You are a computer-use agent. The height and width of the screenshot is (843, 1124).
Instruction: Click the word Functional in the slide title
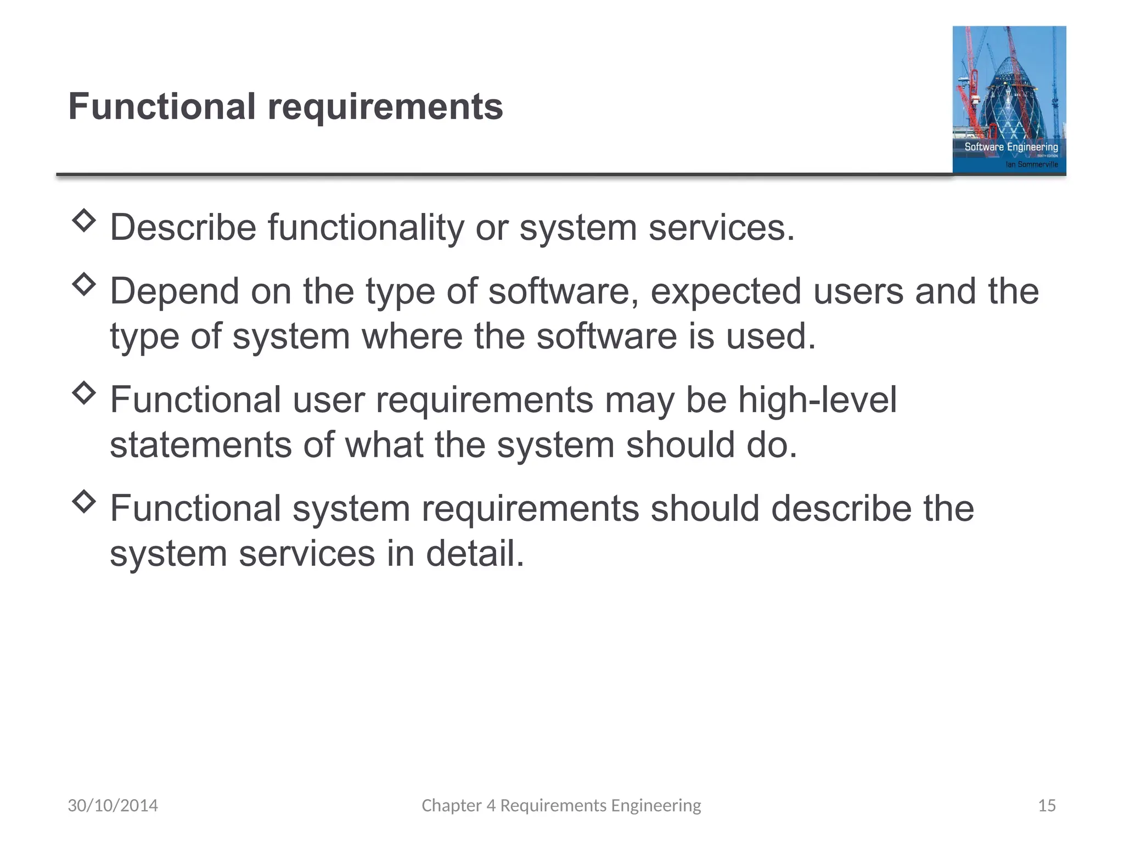click(x=162, y=106)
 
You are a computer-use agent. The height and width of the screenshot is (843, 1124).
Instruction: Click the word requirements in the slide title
click(x=385, y=108)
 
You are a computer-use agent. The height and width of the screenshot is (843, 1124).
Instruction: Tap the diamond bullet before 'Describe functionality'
click(x=84, y=221)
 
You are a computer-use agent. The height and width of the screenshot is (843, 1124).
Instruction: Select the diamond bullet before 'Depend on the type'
click(x=84, y=284)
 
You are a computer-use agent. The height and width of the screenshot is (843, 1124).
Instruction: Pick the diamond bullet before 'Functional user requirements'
click(x=84, y=393)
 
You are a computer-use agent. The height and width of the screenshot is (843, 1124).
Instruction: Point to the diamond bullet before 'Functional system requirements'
click(x=84, y=501)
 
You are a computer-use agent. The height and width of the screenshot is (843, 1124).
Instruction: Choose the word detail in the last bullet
click(x=475, y=553)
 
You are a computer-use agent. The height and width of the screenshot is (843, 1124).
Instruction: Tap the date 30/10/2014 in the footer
click(x=113, y=805)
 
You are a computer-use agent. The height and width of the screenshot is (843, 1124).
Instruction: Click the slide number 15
click(x=1047, y=805)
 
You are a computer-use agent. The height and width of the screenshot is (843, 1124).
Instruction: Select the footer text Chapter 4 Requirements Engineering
click(x=561, y=805)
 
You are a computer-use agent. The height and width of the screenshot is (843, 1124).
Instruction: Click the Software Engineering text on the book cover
click(x=1011, y=147)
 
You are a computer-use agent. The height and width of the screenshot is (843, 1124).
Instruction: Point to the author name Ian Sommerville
click(x=1031, y=164)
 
